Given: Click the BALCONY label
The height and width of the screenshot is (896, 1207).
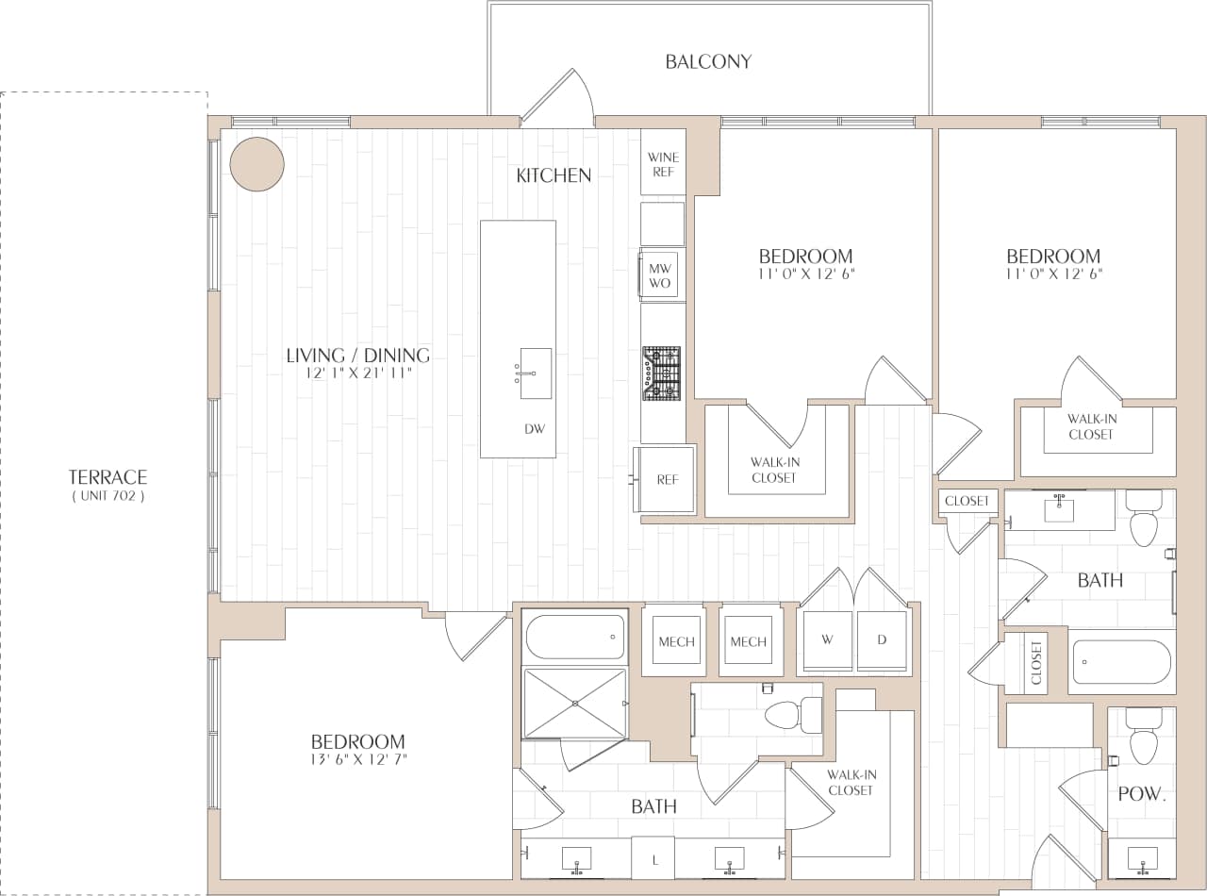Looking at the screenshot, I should [x=708, y=62].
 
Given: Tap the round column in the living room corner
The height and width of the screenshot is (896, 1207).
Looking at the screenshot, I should [x=256, y=164].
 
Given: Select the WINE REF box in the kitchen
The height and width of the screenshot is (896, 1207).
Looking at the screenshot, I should [x=663, y=163].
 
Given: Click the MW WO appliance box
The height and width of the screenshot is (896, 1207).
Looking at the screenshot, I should [x=660, y=274].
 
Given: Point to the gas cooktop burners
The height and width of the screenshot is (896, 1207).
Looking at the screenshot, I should [x=662, y=372].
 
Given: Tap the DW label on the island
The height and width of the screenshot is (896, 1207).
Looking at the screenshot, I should [x=535, y=428].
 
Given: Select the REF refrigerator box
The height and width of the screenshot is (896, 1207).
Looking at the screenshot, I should [x=667, y=480].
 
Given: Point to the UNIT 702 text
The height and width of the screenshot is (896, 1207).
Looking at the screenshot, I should [x=108, y=496].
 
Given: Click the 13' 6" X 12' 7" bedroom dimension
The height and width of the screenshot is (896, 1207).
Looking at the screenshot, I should [x=357, y=759].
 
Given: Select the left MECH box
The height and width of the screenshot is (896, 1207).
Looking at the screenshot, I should [x=675, y=641].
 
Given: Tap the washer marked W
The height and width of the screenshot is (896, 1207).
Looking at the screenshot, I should [x=827, y=641].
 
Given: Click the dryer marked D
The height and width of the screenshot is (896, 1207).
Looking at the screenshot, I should [x=883, y=641].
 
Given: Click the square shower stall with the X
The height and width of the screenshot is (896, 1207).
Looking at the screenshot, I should [x=574, y=703].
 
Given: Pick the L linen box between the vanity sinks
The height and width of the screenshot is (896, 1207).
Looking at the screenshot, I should [x=653, y=859].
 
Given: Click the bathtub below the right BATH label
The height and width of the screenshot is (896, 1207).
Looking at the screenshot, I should [x=1122, y=662].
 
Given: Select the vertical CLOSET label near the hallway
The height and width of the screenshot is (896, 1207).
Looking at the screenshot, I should [x=1036, y=662].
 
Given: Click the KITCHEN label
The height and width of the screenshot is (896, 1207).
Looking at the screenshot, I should [x=554, y=174].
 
